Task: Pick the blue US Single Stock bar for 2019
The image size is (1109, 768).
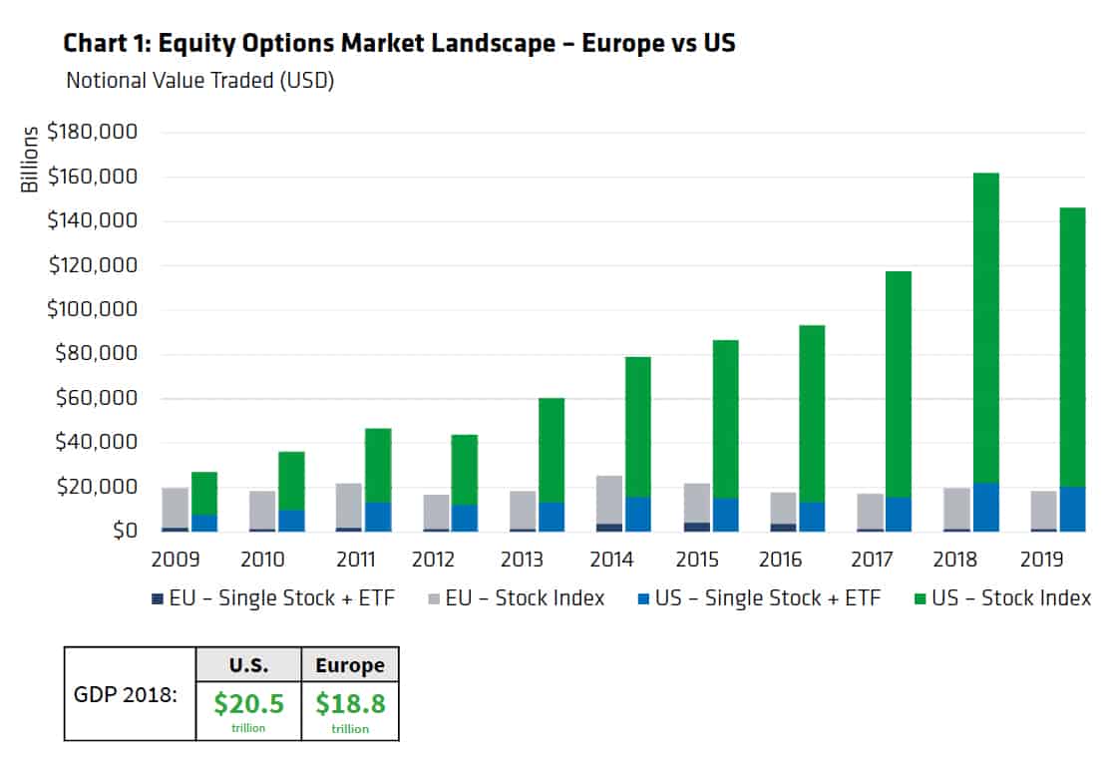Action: [1072, 509]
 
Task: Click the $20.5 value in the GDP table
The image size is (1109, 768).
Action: [249, 703]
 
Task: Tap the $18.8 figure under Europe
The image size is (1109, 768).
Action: [351, 703]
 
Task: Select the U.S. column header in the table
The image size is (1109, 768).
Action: [249, 664]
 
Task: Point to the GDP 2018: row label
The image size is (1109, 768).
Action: [126, 694]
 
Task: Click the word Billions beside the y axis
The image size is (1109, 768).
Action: [30, 159]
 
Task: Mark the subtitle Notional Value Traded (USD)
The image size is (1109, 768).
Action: [199, 81]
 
